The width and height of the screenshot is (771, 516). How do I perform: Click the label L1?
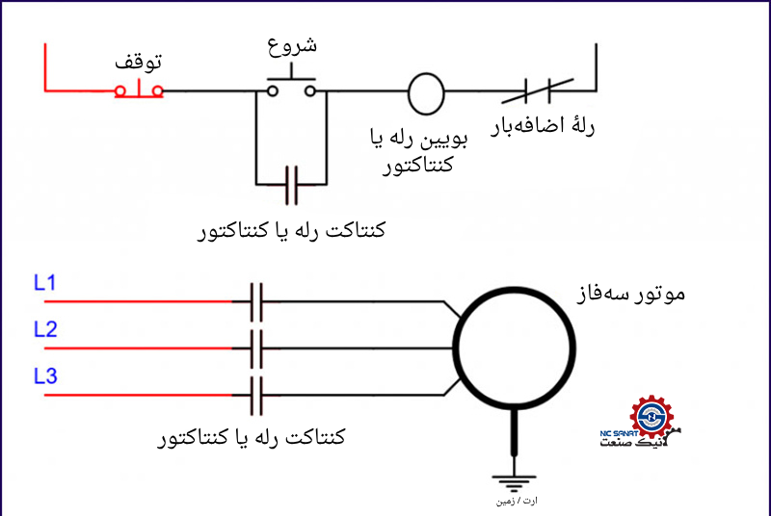coord(45,284)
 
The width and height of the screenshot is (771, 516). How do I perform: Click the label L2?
coord(45,329)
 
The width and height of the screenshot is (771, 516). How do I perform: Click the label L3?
coord(45,376)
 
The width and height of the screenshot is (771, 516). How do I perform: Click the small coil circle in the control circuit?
coord(425,92)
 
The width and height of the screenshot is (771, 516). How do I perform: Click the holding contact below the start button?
coord(292,183)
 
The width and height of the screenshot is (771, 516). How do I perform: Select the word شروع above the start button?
coord(291,44)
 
